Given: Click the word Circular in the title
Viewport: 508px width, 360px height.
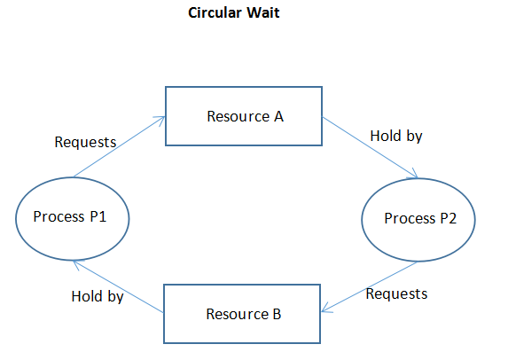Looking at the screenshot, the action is point(215,13).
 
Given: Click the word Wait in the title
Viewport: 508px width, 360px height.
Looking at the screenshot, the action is point(263,13).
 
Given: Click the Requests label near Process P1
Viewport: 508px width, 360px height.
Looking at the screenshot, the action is point(85,142).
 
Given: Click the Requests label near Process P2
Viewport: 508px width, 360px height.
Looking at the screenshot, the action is point(396,293).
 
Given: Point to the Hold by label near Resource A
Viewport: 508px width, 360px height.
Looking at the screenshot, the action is point(396,136).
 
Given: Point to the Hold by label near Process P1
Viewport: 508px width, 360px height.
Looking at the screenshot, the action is point(98,296).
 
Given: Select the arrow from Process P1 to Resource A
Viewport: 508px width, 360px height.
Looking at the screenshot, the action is point(119,147).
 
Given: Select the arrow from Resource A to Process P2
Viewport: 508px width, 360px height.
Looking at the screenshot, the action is point(371,148).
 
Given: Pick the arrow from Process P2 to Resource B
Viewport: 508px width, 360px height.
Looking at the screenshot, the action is point(370,286).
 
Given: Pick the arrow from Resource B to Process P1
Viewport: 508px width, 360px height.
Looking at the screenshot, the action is point(118,286).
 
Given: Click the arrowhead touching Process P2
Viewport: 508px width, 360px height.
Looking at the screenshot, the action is point(414,174).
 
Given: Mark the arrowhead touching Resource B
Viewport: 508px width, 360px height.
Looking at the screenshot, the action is point(326,308).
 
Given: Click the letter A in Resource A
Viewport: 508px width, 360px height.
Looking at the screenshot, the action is point(278,116).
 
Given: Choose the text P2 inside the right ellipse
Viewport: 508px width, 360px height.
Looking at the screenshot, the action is point(448,218).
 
